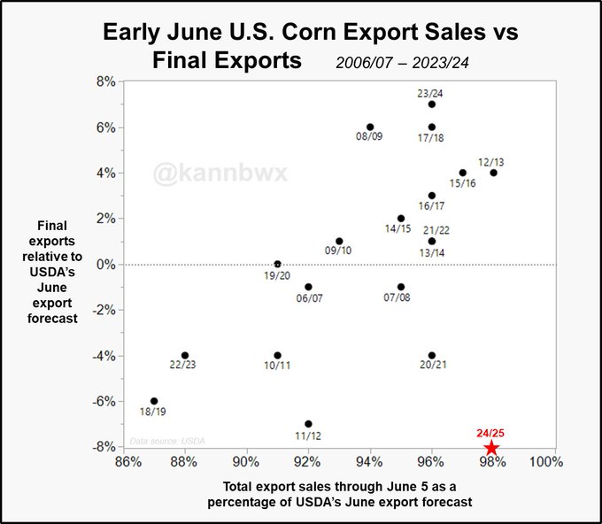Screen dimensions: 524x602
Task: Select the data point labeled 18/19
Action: click(x=154, y=401)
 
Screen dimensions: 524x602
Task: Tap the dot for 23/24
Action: click(x=431, y=104)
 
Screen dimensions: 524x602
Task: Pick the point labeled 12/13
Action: click(x=493, y=173)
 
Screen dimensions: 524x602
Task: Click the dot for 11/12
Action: click(x=308, y=424)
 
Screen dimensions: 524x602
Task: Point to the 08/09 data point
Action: click(x=370, y=127)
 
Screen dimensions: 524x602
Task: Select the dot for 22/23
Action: click(x=185, y=356)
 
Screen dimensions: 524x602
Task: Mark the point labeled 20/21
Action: click(x=431, y=356)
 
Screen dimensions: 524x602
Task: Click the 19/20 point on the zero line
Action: click(x=277, y=264)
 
